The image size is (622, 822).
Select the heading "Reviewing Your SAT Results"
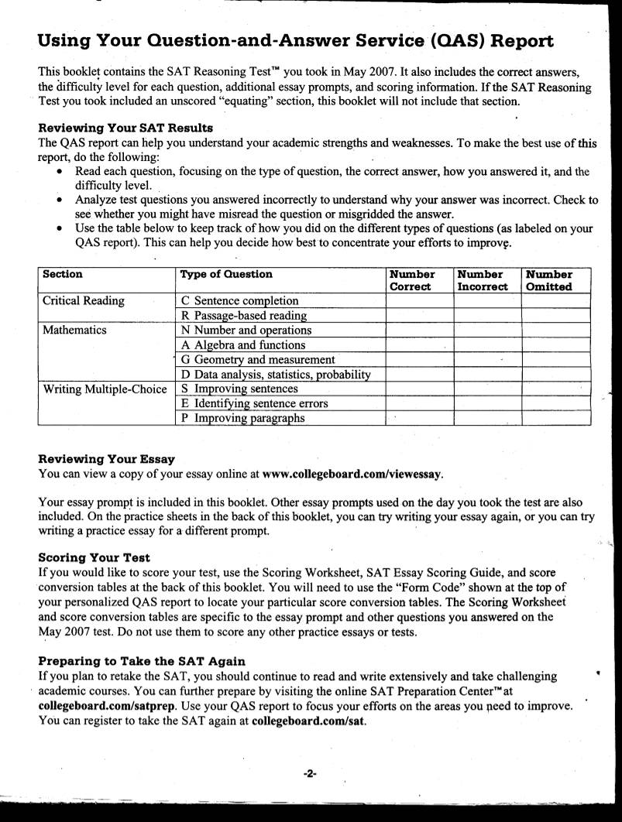click(125, 128)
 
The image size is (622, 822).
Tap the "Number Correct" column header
click(411, 280)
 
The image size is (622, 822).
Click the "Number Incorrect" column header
click(482, 280)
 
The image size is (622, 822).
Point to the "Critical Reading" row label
click(83, 300)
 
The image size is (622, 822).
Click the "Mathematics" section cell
click(74, 330)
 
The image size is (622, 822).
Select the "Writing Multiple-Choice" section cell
click(105, 389)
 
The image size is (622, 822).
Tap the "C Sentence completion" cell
click(239, 300)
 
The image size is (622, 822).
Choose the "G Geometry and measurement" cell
click(258, 359)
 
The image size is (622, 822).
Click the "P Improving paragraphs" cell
click(242, 418)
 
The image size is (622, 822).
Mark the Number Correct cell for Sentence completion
click(419, 300)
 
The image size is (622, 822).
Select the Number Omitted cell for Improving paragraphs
click(555, 418)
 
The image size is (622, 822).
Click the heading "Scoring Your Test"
click(94, 557)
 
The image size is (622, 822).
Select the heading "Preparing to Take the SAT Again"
click(142, 661)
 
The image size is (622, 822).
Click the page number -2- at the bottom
click(311, 773)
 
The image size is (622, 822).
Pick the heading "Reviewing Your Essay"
click(106, 459)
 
